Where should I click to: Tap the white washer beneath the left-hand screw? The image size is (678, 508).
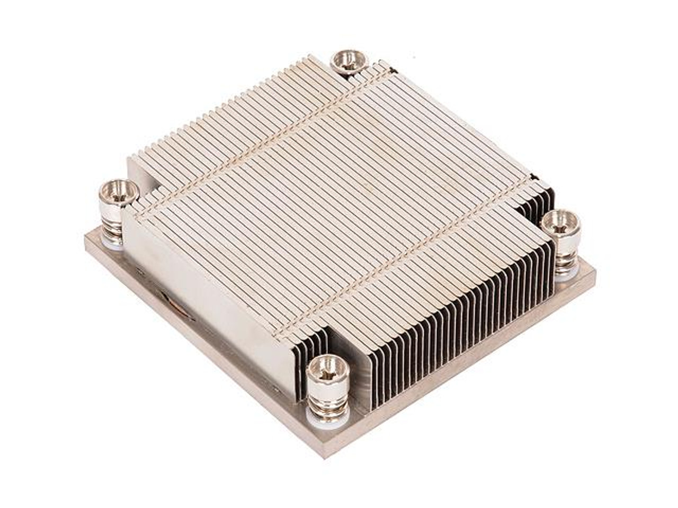[114, 243]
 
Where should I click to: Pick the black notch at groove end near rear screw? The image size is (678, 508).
[392, 69]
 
